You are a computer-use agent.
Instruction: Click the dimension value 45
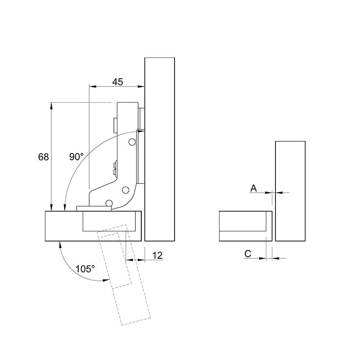click(117, 82)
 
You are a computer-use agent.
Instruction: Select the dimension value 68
click(43, 157)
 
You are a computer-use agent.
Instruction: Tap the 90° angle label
click(76, 157)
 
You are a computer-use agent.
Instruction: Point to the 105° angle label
click(85, 269)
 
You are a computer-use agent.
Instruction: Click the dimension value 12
click(157, 255)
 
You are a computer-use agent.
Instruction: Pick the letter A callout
click(253, 188)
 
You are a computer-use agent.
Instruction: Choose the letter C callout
click(248, 254)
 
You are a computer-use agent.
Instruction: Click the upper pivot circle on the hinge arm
click(132, 142)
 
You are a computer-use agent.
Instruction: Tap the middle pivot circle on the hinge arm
click(126, 190)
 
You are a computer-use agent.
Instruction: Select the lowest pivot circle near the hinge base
click(109, 203)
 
